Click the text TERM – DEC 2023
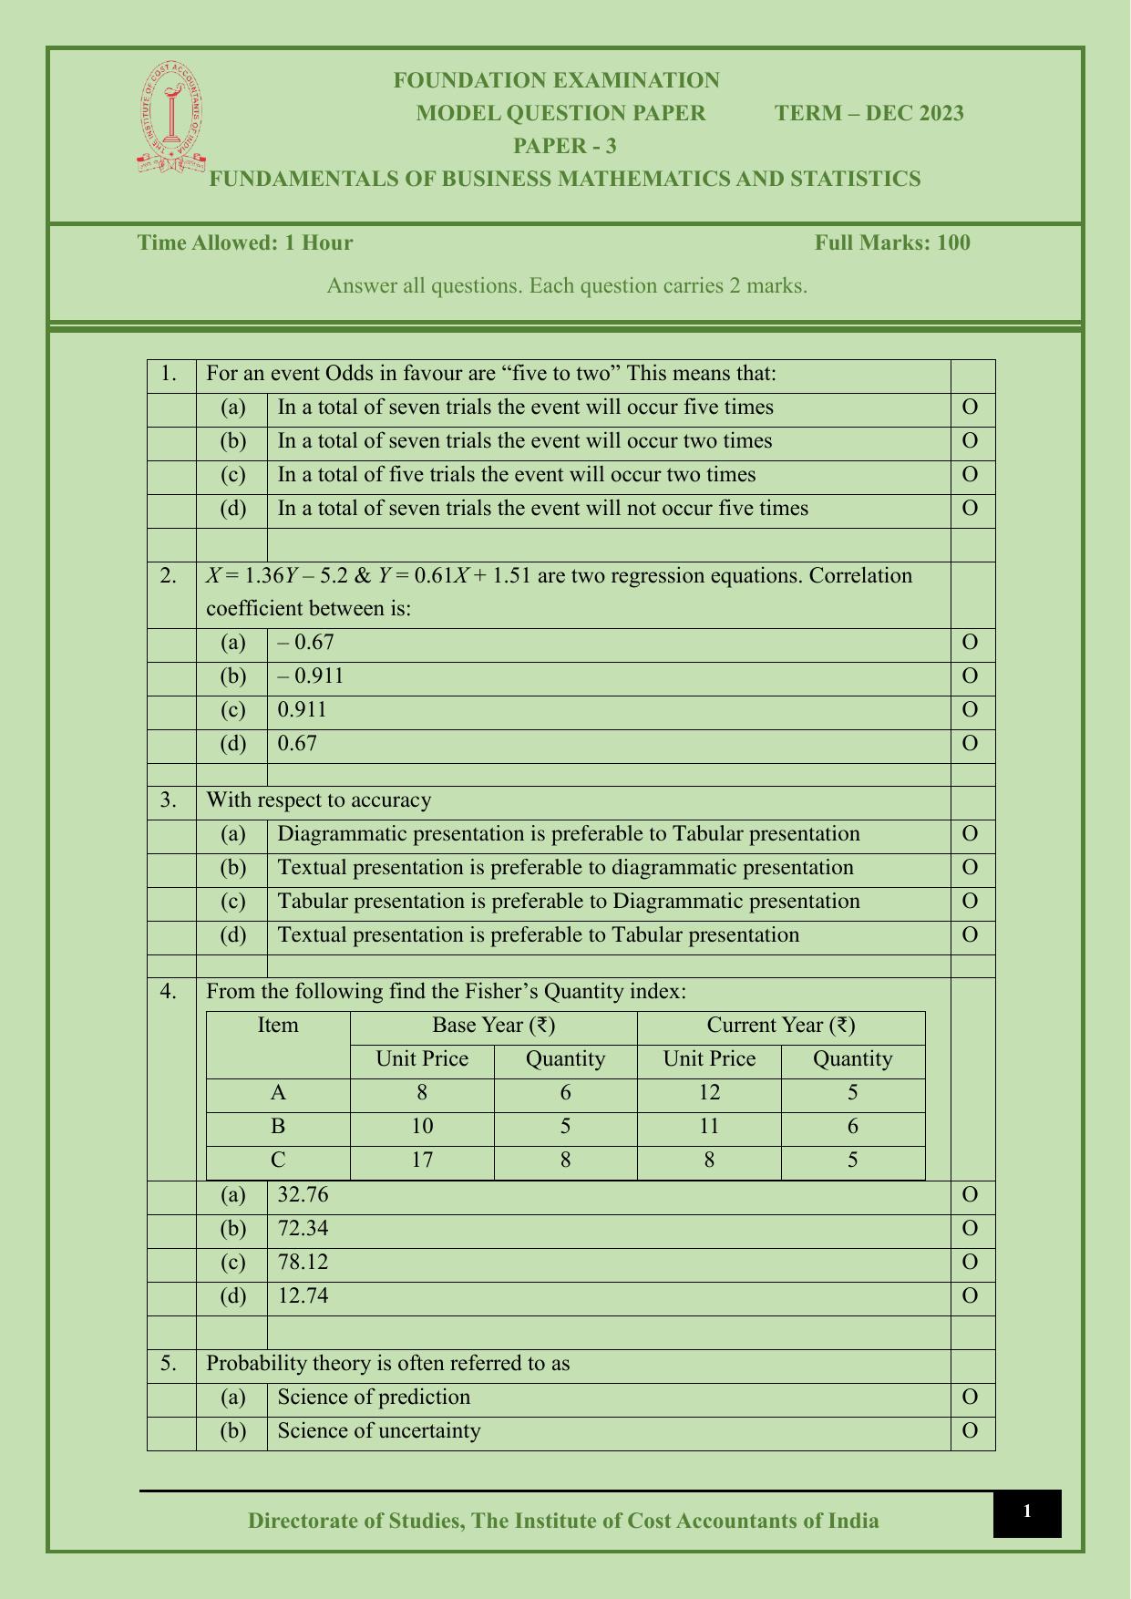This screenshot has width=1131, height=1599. pos(869,113)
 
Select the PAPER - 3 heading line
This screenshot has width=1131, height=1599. pos(564,146)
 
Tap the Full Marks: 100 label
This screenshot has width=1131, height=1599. pos(891,242)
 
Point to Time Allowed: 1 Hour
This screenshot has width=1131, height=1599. pos(244,242)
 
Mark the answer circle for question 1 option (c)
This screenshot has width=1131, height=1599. pos(970,474)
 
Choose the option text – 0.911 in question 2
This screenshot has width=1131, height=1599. pos(311,676)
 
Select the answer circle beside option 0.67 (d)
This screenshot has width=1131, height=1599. pos(970,743)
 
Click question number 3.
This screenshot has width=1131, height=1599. pos(169,799)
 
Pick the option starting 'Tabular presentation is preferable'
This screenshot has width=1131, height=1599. pos(568,901)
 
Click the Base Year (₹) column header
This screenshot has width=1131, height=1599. pos(493,1025)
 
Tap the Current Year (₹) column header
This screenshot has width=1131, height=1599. pos(780,1025)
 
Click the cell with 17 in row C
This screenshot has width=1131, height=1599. pos(421,1160)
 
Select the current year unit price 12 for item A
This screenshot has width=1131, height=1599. pos(708,1092)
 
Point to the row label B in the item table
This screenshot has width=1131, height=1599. pos(278,1126)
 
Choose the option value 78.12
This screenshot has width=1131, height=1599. pos(303,1262)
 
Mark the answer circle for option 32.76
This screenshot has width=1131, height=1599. pos(970,1194)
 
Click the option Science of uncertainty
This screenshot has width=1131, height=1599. pos(378,1430)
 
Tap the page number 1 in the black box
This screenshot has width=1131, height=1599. pos(1026,1511)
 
